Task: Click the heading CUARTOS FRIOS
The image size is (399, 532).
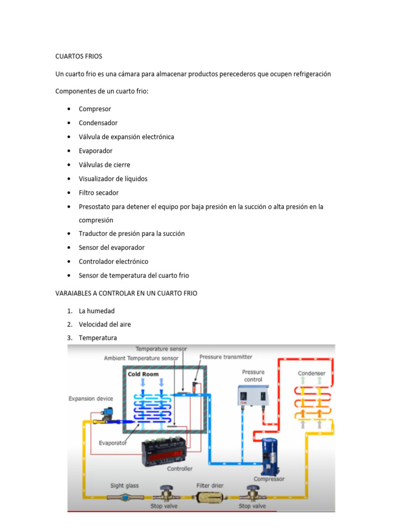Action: click(79, 56)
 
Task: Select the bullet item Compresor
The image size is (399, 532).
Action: click(95, 109)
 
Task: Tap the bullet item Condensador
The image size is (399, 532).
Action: click(98, 123)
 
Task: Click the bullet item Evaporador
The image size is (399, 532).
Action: click(96, 151)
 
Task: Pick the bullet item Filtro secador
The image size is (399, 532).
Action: click(99, 193)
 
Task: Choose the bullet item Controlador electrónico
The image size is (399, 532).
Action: click(113, 261)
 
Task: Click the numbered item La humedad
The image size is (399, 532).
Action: click(97, 311)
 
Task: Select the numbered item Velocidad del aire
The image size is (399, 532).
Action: click(105, 324)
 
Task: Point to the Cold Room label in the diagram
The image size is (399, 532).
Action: click(143, 374)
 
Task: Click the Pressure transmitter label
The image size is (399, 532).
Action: click(226, 357)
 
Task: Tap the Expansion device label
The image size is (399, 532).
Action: click(91, 398)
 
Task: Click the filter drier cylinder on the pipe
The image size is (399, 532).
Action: click(210, 497)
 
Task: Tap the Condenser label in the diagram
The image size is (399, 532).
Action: click(312, 374)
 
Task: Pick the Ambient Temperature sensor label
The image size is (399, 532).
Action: click(141, 358)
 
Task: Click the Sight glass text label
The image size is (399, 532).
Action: click(125, 486)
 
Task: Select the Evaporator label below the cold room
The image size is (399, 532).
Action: click(113, 443)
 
